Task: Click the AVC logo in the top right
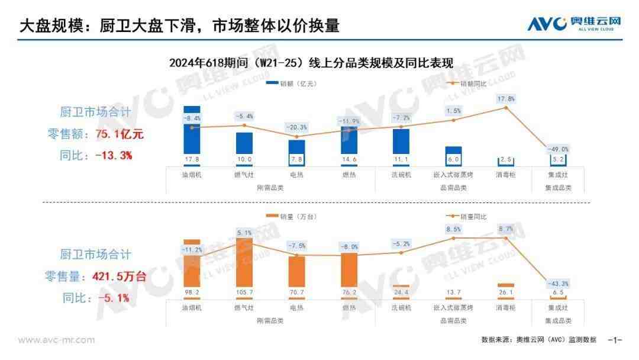point(575,24)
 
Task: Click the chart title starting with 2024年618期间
point(311,63)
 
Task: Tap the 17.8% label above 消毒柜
point(506,99)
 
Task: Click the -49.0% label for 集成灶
point(558,149)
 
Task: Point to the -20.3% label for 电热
point(296,127)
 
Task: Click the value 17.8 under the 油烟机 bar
point(192,159)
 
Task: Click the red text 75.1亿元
point(120,134)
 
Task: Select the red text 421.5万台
point(120,277)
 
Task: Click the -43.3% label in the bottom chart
point(558,284)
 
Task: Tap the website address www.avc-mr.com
point(56,340)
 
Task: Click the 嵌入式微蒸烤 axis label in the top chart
point(453,175)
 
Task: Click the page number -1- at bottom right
point(615,340)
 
